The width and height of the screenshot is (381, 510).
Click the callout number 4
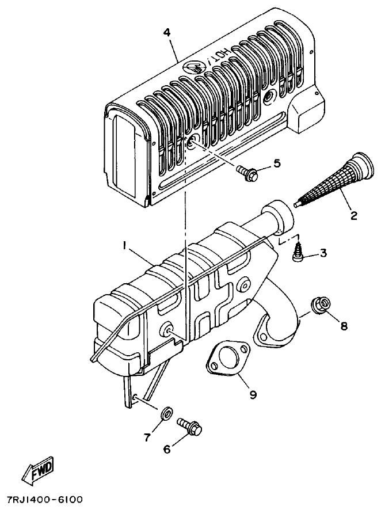coord(167,33)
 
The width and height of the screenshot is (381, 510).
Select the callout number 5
coord(277,164)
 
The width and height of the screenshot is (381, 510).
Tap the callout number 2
coord(354,216)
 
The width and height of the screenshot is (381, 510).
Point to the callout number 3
coord(323,252)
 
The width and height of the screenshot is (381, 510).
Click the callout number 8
coord(344,326)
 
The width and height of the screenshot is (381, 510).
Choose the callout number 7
coord(147,437)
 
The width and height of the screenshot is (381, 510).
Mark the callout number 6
coord(167,449)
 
